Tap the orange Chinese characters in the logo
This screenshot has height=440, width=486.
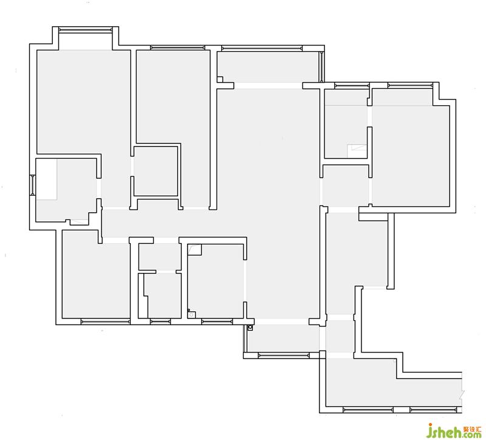tap(473, 430)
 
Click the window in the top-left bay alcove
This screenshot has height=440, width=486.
tap(85, 30)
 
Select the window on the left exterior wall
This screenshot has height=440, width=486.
tap(33, 185)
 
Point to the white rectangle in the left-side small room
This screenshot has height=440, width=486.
tap(46, 179)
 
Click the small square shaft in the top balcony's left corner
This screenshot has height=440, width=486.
tap(220, 80)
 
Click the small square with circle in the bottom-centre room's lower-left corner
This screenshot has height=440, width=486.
tap(191, 314)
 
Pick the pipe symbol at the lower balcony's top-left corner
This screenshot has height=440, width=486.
tap(250, 328)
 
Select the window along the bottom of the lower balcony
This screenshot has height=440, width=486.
tap(284, 356)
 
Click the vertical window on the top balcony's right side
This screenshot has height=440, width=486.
tap(322, 67)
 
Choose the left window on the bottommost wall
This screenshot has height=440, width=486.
tap(368, 410)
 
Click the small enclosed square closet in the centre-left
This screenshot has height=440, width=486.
tap(156, 171)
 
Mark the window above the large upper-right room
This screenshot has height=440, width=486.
tap(410, 85)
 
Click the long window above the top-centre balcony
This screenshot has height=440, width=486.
tap(262, 48)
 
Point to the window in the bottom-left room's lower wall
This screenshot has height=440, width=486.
tap(105, 322)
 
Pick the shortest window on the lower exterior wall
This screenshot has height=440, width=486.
tap(160, 322)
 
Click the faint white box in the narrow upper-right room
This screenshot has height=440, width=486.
tap(357, 151)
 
